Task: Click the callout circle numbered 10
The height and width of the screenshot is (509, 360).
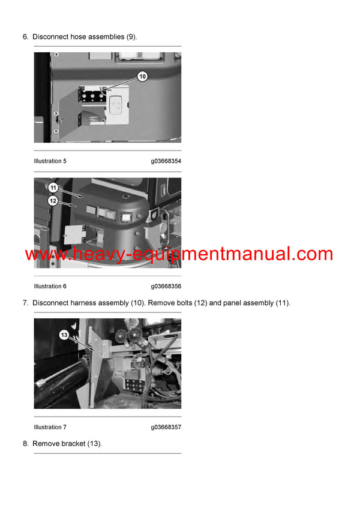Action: click(142, 76)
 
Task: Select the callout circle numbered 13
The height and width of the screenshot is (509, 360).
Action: click(64, 335)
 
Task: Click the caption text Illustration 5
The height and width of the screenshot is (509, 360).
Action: click(50, 161)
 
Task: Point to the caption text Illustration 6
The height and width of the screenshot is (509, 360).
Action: click(50, 287)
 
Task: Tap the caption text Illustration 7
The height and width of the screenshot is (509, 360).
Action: click(50, 427)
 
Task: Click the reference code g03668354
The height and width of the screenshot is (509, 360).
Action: click(166, 161)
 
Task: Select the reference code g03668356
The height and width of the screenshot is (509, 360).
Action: click(166, 287)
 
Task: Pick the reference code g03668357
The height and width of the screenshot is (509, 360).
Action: click(166, 427)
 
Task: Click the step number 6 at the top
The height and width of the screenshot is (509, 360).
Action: click(25, 37)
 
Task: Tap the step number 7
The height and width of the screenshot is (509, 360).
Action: click(25, 303)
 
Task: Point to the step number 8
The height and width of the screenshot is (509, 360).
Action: click(25, 444)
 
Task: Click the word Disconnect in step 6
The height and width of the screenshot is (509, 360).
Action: click(50, 37)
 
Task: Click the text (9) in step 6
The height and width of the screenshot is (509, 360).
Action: click(131, 37)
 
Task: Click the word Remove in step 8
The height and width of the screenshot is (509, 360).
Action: click(45, 444)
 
